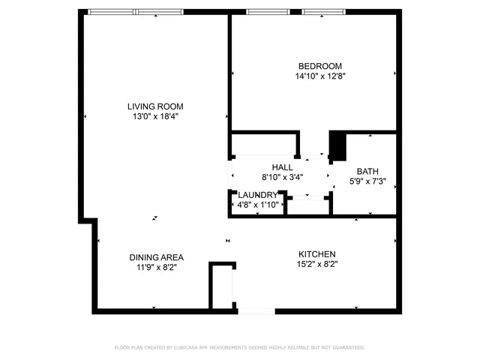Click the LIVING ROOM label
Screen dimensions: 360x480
click(x=154, y=106)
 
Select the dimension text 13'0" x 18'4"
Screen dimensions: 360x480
click(x=154, y=116)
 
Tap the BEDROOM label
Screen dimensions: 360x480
click(x=319, y=66)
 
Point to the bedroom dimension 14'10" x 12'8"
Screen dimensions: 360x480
click(x=319, y=76)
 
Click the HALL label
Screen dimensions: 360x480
click(x=282, y=167)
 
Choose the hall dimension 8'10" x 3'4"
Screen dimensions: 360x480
click(x=282, y=178)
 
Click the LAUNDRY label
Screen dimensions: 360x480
click(x=257, y=195)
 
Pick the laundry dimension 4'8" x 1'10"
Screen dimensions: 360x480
click(x=257, y=205)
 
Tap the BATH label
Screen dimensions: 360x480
click(x=367, y=171)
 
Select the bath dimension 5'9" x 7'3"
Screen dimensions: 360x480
click(x=367, y=181)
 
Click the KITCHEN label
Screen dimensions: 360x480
click(x=316, y=254)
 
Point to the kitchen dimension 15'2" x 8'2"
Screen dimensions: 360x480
click(x=316, y=264)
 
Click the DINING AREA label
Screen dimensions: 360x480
click(x=156, y=256)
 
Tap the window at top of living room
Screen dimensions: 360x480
click(x=136, y=12)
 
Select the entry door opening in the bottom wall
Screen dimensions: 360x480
click(x=256, y=310)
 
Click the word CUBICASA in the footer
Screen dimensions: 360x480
click(x=193, y=347)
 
